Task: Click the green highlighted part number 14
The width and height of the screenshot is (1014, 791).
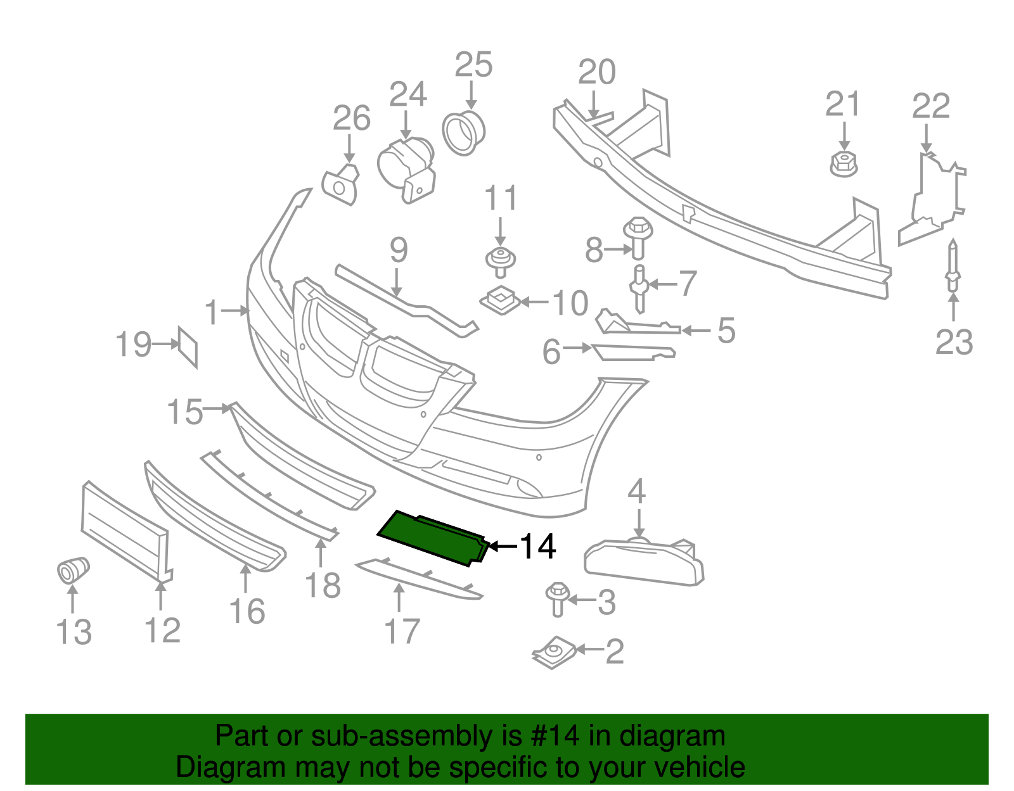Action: pyautogui.click(x=433, y=538)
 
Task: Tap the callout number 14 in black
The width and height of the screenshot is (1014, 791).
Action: pyautogui.click(x=537, y=547)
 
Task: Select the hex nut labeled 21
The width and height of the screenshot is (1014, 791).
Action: pyautogui.click(x=844, y=164)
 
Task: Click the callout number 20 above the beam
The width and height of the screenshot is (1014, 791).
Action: pyautogui.click(x=596, y=72)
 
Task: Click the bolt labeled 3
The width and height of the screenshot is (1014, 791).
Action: pyautogui.click(x=557, y=598)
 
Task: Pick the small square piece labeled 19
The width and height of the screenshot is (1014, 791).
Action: pyautogui.click(x=188, y=346)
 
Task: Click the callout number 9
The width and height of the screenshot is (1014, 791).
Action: pyautogui.click(x=398, y=250)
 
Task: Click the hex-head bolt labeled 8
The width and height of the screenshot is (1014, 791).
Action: pyautogui.click(x=638, y=237)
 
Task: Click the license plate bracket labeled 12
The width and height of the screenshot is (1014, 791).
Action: pyautogui.click(x=125, y=531)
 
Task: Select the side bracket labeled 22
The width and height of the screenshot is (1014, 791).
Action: pyautogui.click(x=932, y=198)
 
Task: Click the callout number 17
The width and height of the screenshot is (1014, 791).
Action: pyautogui.click(x=402, y=631)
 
